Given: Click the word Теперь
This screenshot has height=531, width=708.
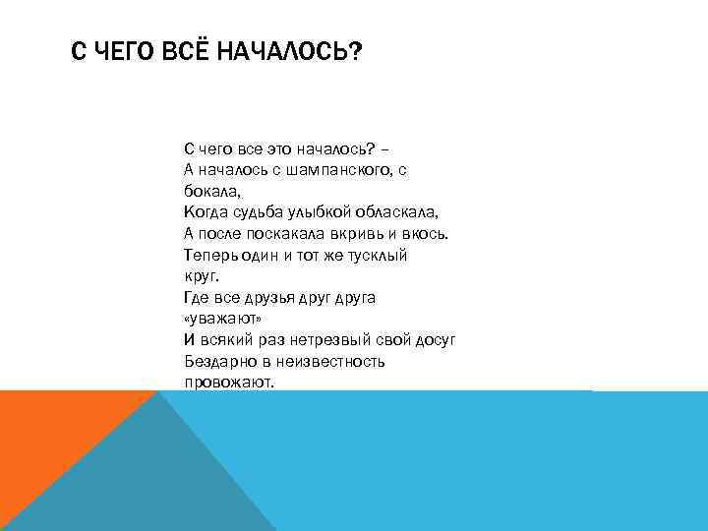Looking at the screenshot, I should (x=207, y=255).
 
